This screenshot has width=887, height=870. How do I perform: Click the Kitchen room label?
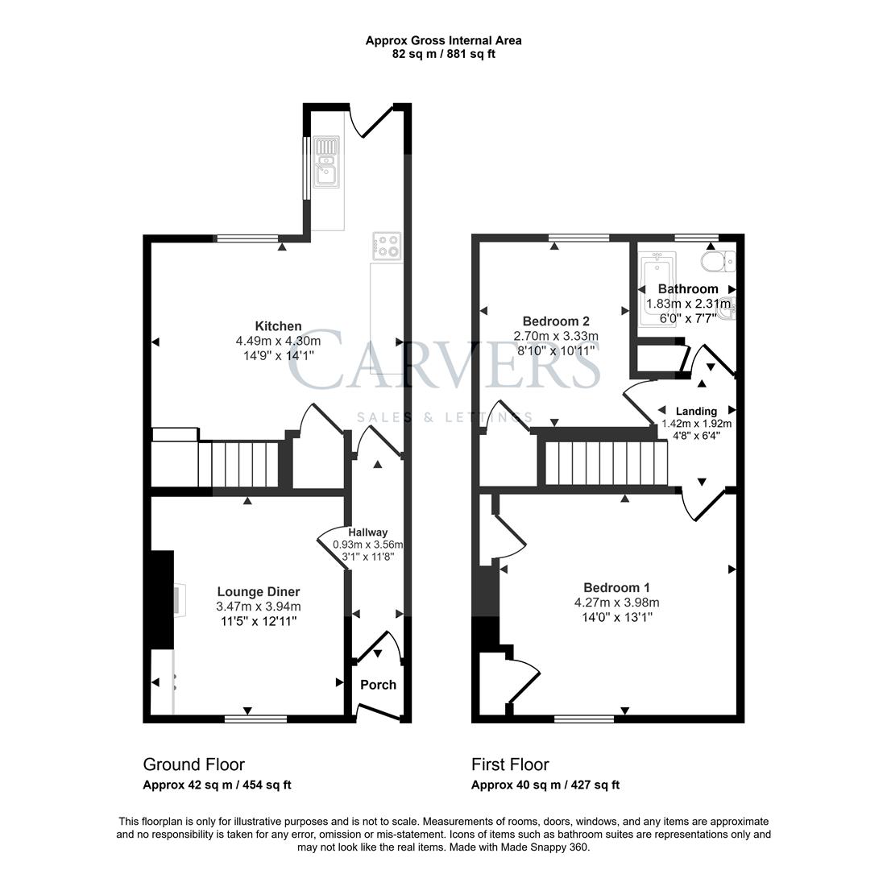tap(278, 326)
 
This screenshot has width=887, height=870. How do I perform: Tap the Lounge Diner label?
tap(258, 592)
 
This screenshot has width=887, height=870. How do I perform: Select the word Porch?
tap(378, 685)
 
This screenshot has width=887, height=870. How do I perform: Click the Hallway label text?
tap(367, 532)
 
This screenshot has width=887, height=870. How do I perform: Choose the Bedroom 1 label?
tap(616, 587)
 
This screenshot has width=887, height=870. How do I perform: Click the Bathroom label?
tap(687, 288)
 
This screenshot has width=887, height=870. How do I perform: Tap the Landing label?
tap(696, 411)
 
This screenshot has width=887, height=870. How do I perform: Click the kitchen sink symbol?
tap(327, 161)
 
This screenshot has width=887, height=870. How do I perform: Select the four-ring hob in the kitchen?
tap(387, 245)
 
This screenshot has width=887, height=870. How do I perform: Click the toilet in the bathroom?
tap(716, 260)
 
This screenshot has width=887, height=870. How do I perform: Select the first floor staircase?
tap(606, 463)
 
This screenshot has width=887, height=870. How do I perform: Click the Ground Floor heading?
tap(193, 764)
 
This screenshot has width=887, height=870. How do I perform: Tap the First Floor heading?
tap(510, 764)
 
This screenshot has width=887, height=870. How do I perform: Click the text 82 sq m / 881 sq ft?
tap(443, 54)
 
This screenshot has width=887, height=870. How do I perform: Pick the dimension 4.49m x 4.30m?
tap(278, 341)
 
